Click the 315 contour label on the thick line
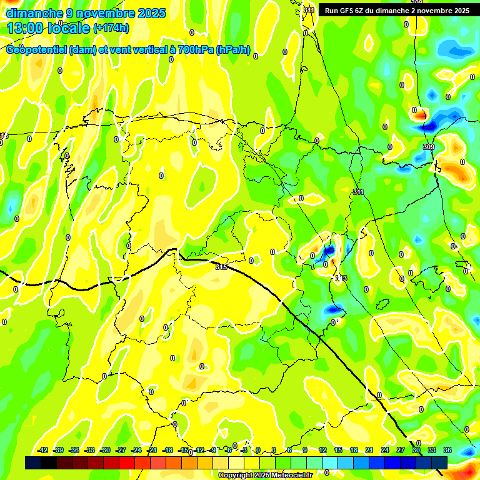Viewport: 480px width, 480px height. click(221, 267)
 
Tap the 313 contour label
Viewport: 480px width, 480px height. click(341, 277)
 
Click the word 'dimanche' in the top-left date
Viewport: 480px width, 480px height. click(35, 13)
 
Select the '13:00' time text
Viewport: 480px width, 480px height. click(26, 27)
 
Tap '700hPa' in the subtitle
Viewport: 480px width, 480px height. click(196, 50)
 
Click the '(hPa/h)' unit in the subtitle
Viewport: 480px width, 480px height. click(233, 50)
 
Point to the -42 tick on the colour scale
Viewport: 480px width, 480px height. click(43, 450)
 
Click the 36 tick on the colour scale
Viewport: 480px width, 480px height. click(447, 450)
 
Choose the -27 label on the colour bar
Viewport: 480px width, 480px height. click(121, 450)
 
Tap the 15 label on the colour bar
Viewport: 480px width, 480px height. click(338, 450)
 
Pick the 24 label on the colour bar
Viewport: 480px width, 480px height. click(385, 450)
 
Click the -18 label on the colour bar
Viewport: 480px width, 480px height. click(167, 450)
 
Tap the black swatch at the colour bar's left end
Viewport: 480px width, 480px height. click(33, 462)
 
